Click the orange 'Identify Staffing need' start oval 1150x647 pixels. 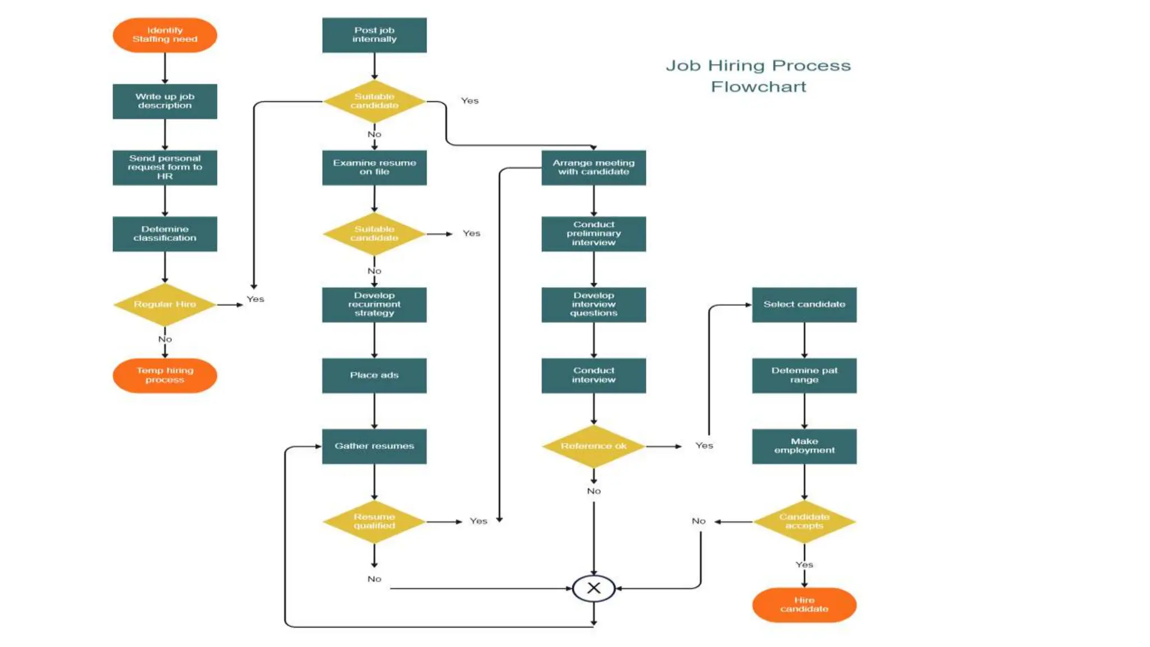[165, 35]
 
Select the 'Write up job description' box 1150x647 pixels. [165, 101]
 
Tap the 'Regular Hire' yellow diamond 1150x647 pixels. [165, 304]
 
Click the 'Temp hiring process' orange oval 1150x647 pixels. [165, 375]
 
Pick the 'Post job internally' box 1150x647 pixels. [374, 35]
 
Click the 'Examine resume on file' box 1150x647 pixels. [374, 167]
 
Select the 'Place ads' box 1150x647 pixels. [374, 375]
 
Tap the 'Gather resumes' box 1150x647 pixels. [374, 446]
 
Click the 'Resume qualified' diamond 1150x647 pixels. [374, 521]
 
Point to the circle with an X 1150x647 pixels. [594, 588]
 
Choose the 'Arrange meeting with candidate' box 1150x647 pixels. [594, 167]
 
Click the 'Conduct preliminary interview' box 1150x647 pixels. [594, 234]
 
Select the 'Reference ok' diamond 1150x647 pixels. [594, 446]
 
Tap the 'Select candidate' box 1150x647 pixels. [804, 304]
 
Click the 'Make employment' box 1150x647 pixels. [804, 446]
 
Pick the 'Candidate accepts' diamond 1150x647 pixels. [804, 521]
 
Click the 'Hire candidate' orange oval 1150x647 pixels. [804, 604]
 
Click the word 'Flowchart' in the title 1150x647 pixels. [758, 87]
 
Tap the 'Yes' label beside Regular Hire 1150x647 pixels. [255, 299]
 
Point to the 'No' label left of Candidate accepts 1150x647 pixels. [699, 521]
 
